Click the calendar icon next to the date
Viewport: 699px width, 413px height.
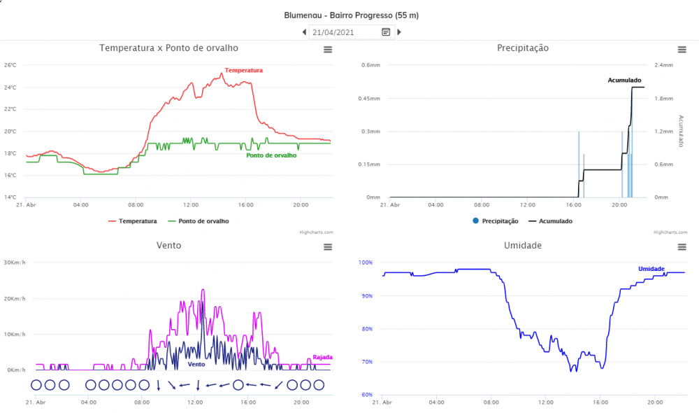tap(386, 31)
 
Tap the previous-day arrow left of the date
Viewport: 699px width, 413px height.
tap(304, 31)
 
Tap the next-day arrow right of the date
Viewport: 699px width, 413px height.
tap(399, 31)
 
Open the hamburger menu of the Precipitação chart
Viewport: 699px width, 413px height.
tap(682, 49)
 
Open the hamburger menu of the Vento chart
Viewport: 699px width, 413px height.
tap(328, 246)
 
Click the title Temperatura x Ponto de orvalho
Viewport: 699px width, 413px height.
tap(168, 48)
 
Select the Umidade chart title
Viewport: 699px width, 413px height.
tap(522, 246)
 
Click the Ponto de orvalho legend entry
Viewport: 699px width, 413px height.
tap(203, 220)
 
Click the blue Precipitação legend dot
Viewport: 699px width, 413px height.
tap(476, 220)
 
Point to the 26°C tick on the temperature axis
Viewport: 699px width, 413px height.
tap(10, 65)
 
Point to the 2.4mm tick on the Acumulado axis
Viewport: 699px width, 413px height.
tap(663, 65)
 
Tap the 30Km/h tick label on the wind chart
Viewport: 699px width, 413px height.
tap(15, 262)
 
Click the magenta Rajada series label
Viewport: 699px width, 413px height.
tap(322, 357)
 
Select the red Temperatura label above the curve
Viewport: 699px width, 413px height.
tap(243, 71)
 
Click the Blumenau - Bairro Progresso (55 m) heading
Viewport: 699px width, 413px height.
tap(351, 15)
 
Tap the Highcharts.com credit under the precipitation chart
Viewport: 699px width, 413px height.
tap(668, 232)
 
